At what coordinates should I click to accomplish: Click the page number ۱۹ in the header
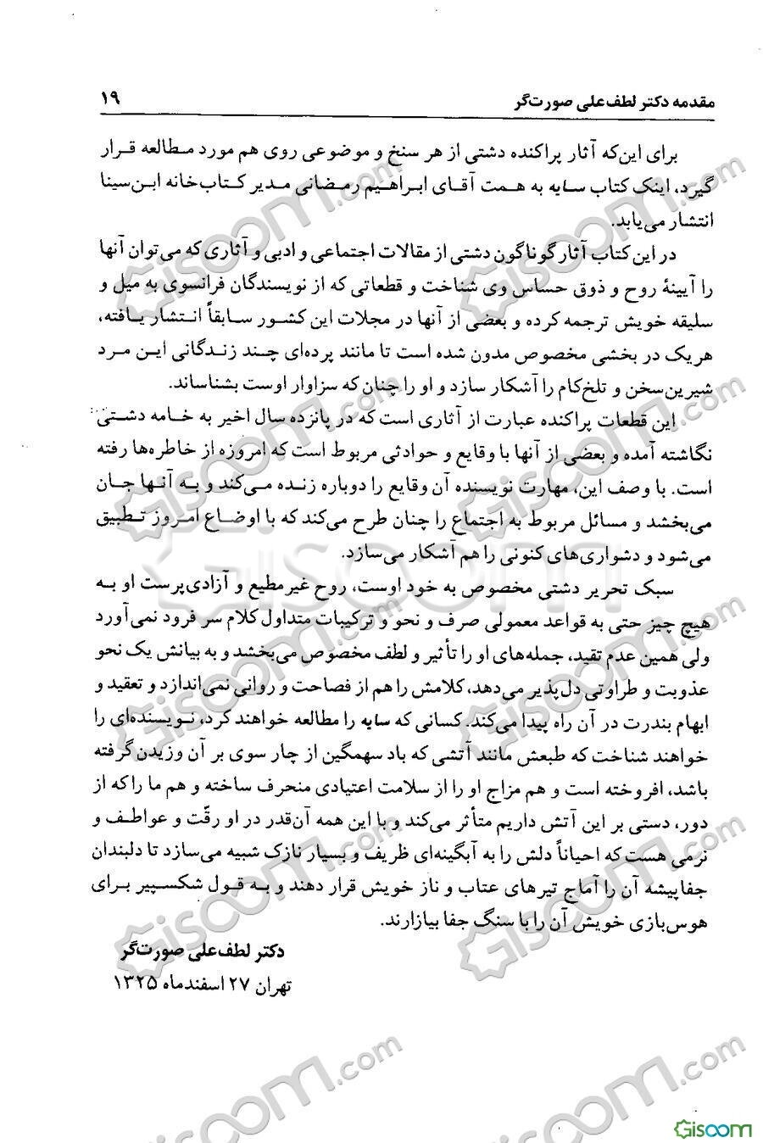click(111, 98)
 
